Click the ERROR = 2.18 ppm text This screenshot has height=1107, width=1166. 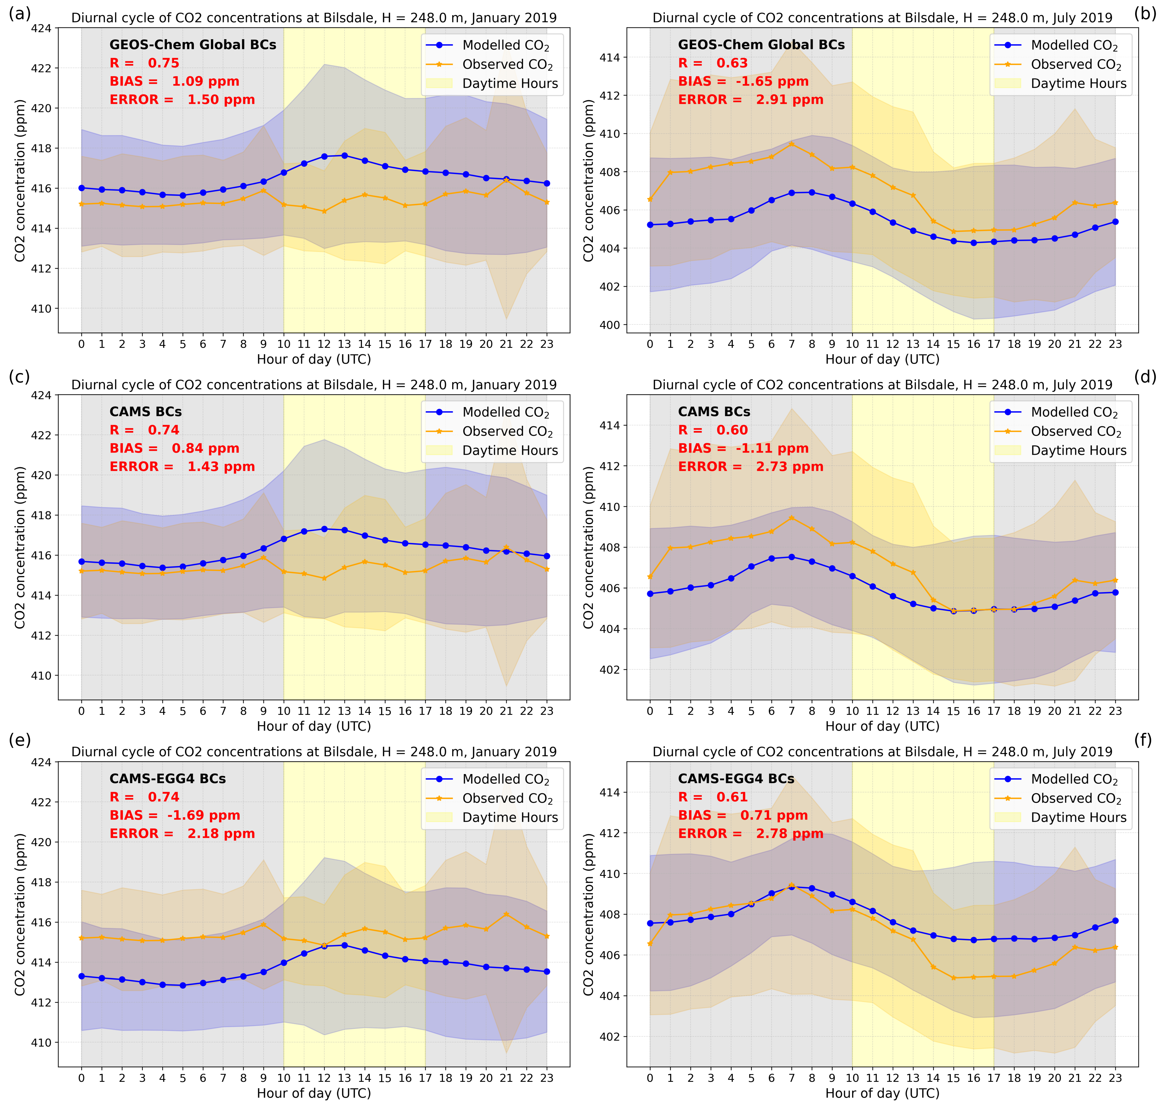pyautogui.click(x=182, y=833)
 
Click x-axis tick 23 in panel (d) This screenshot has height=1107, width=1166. pyautogui.click(x=1115, y=711)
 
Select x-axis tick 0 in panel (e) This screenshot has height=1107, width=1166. pyautogui.click(x=81, y=1078)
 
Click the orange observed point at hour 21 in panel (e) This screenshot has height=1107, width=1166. pyautogui.click(x=506, y=914)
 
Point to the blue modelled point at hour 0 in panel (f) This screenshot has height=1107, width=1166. pyautogui.click(x=650, y=923)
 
